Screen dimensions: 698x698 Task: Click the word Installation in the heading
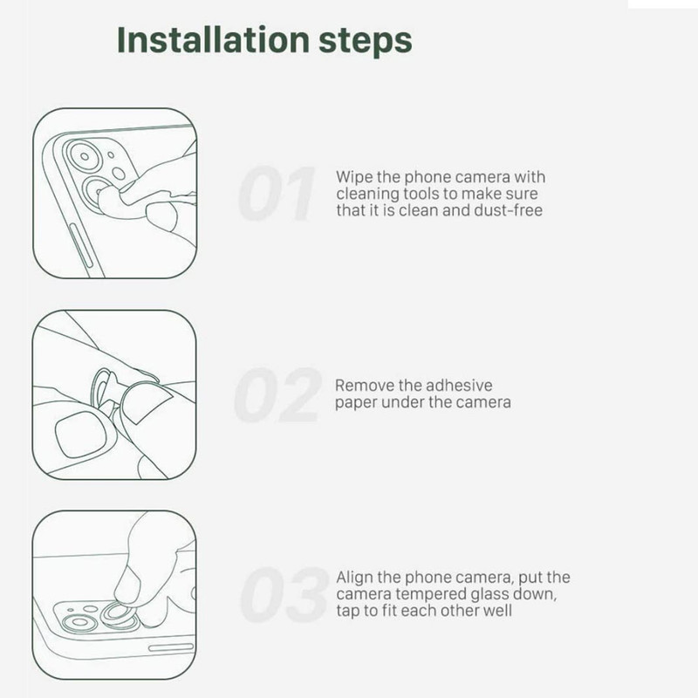pyautogui.click(x=213, y=39)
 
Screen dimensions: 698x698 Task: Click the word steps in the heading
pyautogui.click(x=366, y=42)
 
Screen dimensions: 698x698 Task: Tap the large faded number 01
pyautogui.click(x=276, y=194)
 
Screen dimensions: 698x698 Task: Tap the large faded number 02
pyautogui.click(x=277, y=395)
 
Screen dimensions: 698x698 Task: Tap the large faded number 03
pyautogui.click(x=285, y=595)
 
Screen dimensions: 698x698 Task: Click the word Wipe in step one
pyautogui.click(x=354, y=177)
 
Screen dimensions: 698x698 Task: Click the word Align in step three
pyautogui.click(x=354, y=578)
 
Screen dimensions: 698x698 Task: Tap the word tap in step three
pyautogui.click(x=347, y=612)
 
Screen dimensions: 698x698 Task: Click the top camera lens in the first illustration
pyautogui.click(x=85, y=156)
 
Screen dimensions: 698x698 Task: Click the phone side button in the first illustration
pyautogui.click(x=81, y=246)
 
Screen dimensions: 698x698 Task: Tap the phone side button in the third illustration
pyautogui.click(x=171, y=647)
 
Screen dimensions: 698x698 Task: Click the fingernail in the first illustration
pyautogui.click(x=161, y=216)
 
